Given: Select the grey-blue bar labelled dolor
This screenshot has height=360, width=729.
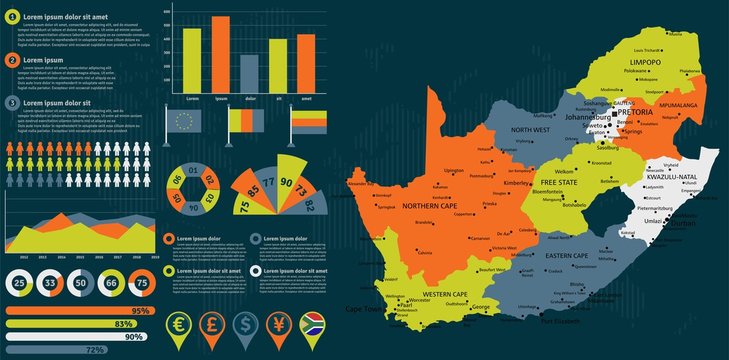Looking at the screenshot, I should (x=249, y=73).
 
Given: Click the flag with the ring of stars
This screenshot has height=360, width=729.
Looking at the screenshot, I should (x=185, y=121).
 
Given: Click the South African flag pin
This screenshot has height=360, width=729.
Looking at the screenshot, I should (x=309, y=326).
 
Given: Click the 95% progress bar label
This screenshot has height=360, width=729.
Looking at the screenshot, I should (x=141, y=311).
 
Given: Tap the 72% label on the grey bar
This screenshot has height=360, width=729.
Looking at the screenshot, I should (x=96, y=350).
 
